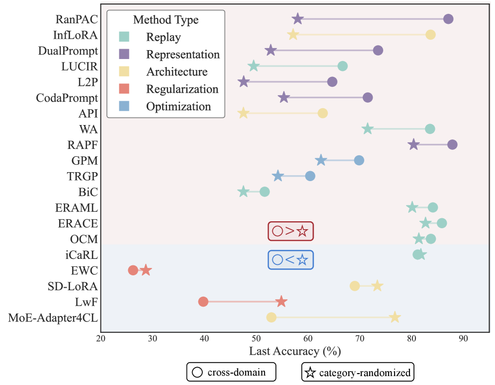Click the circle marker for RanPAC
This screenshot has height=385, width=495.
tap(448, 19)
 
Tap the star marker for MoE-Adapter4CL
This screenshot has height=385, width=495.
tap(395, 318)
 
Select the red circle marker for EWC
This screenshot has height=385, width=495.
tap(133, 270)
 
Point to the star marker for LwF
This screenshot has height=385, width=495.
tap(281, 302)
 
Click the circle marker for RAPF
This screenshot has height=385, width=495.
tap(452, 145)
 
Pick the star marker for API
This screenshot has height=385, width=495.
tap(243, 113)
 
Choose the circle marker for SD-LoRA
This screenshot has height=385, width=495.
tap(354, 286)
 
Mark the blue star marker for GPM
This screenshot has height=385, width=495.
tap(321, 160)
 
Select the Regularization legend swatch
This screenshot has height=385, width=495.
tap(124, 89)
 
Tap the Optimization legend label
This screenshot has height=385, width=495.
tap(178, 107)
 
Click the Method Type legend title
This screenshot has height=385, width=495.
tap(165, 20)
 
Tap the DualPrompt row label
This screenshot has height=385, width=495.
tap(68, 51)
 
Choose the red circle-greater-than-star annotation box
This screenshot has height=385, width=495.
tap(291, 231)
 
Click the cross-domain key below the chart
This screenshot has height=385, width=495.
tap(231, 372)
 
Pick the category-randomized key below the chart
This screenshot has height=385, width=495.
tap(358, 372)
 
